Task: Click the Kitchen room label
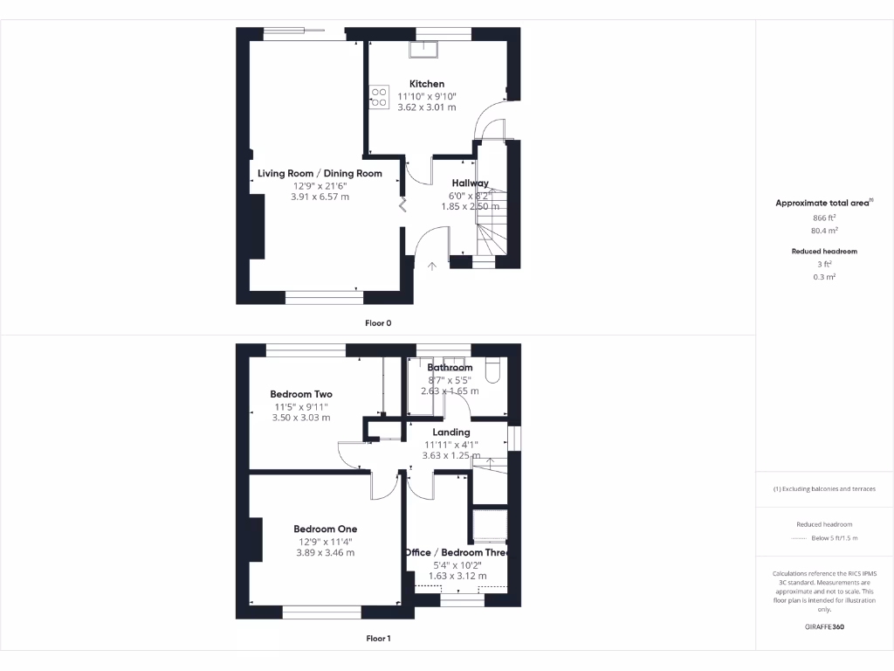tap(427, 84)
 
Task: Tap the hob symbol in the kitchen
tap(379, 96)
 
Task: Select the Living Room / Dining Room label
tap(320, 173)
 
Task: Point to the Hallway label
tap(470, 183)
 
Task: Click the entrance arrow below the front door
tap(430, 266)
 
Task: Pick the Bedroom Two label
tap(301, 394)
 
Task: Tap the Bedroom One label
tap(325, 529)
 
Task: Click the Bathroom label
tap(450, 368)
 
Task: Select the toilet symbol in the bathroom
tap(489, 370)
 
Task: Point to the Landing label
tap(451, 432)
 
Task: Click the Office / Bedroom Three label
tap(457, 552)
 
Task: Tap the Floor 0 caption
tap(378, 322)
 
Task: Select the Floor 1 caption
tap(378, 639)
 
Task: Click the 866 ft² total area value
tap(824, 218)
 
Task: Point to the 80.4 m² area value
tap(824, 232)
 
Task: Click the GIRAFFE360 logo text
tap(824, 626)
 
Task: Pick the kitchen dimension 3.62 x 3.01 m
tap(427, 107)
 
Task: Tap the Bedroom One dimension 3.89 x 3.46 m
tap(325, 552)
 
